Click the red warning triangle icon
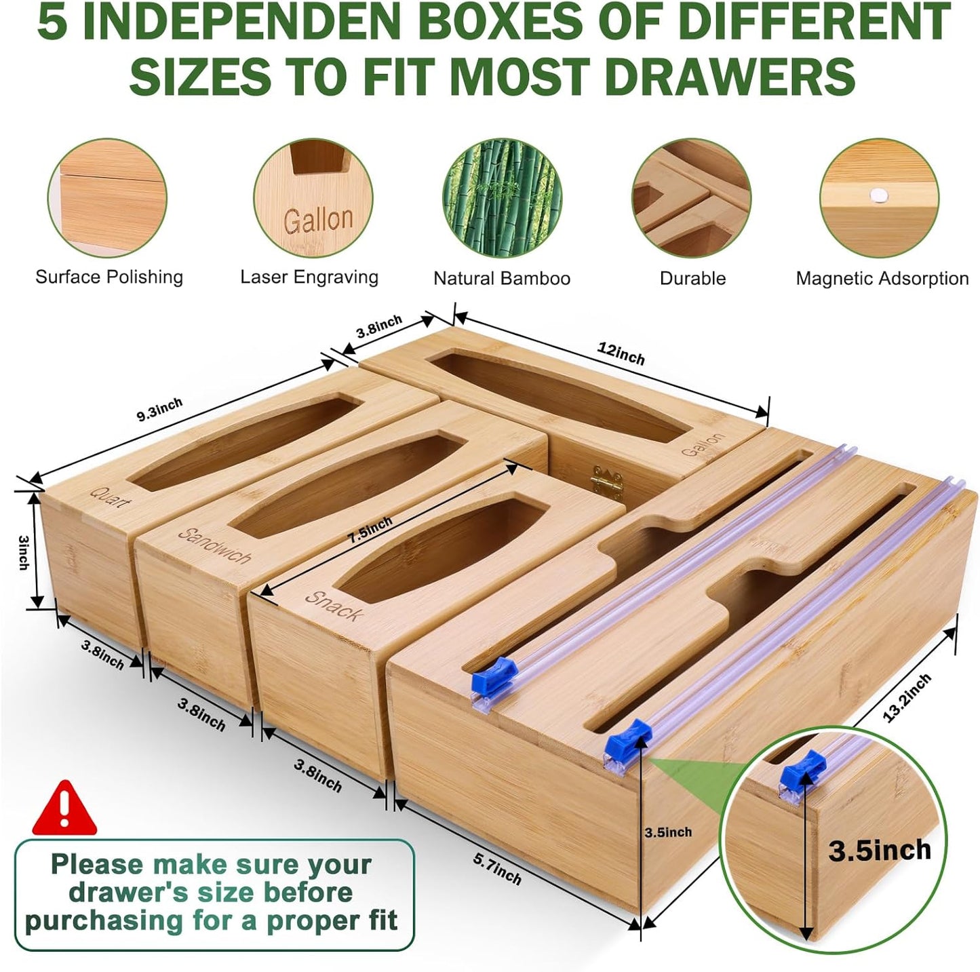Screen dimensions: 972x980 64,809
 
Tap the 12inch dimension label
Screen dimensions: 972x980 621,353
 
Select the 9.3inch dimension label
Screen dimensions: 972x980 160,410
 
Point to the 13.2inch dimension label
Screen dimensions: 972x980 907,698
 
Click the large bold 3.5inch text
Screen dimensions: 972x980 880,850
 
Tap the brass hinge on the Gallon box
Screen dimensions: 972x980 606,480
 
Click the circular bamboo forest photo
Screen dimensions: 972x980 502,198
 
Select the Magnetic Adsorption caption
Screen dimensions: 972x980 882,278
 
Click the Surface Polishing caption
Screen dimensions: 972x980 109,277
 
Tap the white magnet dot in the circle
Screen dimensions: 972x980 878,195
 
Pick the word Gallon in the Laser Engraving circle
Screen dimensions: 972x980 318,221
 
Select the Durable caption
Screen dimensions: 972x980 692,278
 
